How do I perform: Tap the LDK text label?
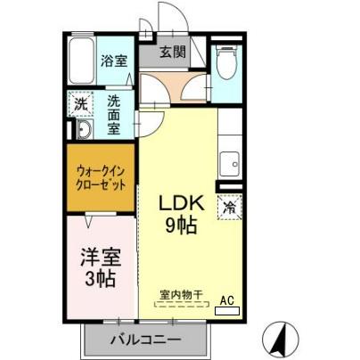coord(182,204)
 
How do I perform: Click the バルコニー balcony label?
coord(144,339)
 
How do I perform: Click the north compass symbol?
coord(279,339)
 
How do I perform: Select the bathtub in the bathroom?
coord(80,60)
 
